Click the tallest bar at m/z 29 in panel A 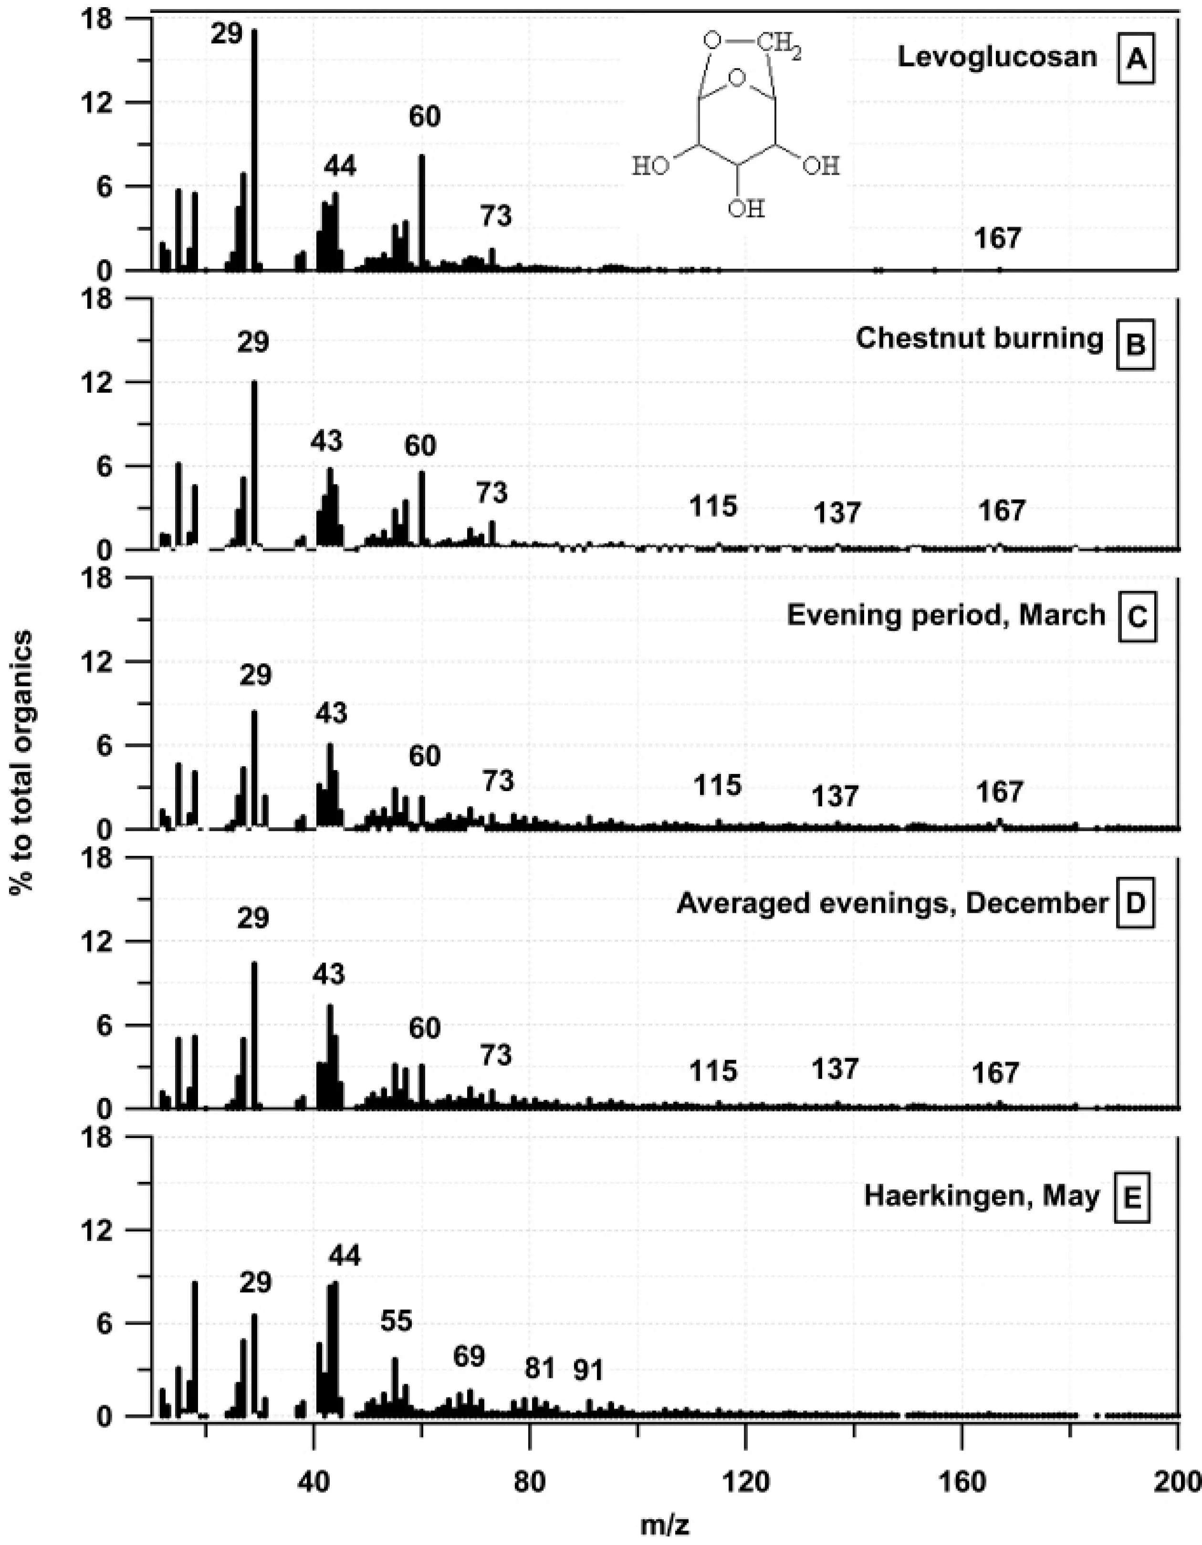click(254, 148)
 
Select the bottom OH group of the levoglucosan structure click(746, 209)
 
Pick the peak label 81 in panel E click(541, 1368)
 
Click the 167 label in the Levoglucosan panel click(998, 239)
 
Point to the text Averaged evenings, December click(891, 902)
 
